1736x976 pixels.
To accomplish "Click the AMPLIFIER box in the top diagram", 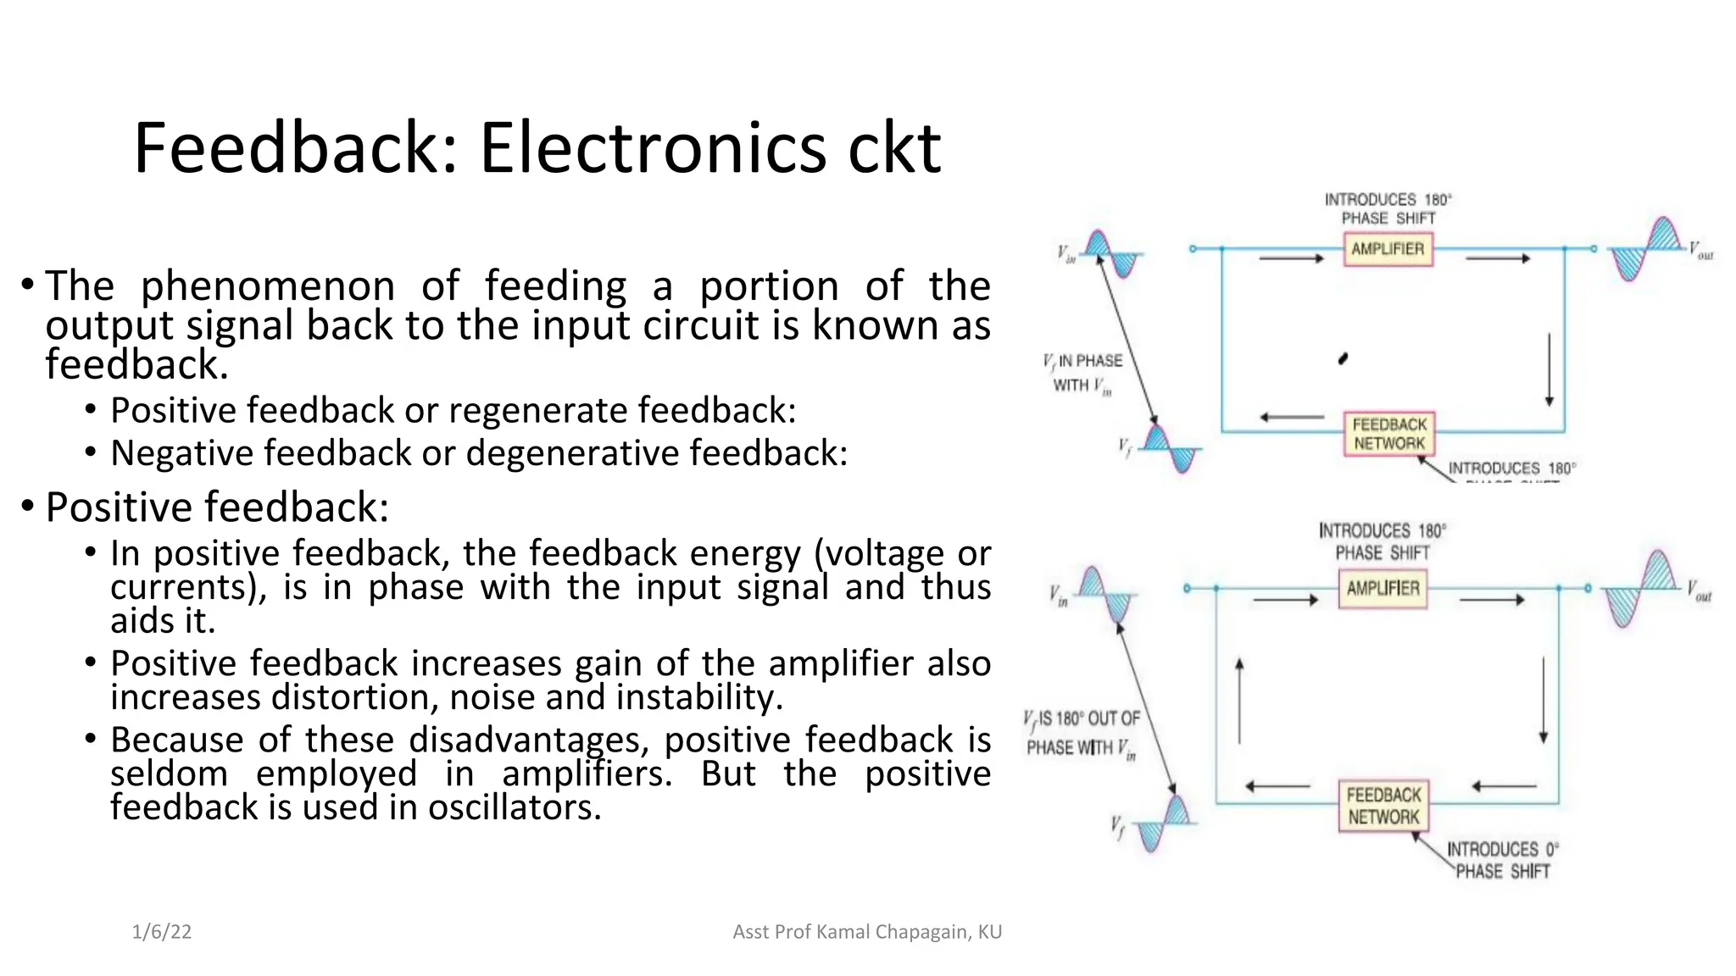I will (1388, 249).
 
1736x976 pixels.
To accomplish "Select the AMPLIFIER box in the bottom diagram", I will (1383, 588).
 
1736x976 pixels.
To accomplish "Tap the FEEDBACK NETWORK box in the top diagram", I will (1389, 433).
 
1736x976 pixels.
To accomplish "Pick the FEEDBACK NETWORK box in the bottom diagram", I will (1383, 806).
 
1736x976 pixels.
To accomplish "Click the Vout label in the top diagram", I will (1700, 251).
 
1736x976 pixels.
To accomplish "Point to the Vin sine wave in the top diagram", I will (1110, 253).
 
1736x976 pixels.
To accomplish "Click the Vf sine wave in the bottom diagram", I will (1162, 823).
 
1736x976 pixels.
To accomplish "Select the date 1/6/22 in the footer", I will (162, 932).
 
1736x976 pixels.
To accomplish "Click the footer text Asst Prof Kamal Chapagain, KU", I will (866, 932).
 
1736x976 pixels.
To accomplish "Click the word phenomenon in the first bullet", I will (267, 286).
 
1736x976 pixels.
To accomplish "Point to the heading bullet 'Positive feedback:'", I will (217, 507).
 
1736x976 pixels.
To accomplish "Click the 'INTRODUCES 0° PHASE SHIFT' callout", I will (1501, 860).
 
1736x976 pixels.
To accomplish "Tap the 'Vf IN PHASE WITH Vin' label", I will (1082, 373).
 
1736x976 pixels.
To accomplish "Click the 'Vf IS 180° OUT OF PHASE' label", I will (1082, 733).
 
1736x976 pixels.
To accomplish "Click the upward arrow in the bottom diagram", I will (1239, 700).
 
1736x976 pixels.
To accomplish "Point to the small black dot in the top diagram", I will (1343, 358).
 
